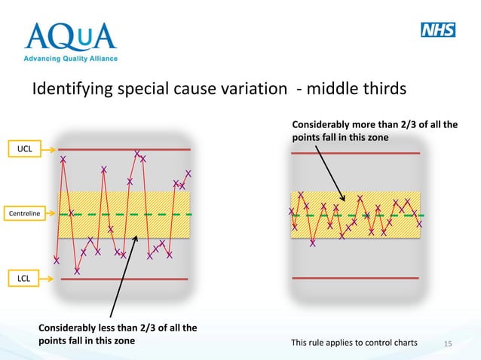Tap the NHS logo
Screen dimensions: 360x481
438,30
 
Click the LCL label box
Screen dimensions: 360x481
25,279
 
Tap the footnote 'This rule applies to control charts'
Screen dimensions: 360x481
354,343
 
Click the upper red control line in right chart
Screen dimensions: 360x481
355,154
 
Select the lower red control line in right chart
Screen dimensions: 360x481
355,278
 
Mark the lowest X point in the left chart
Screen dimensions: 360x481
77,271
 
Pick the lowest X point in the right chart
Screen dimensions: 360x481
313,243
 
